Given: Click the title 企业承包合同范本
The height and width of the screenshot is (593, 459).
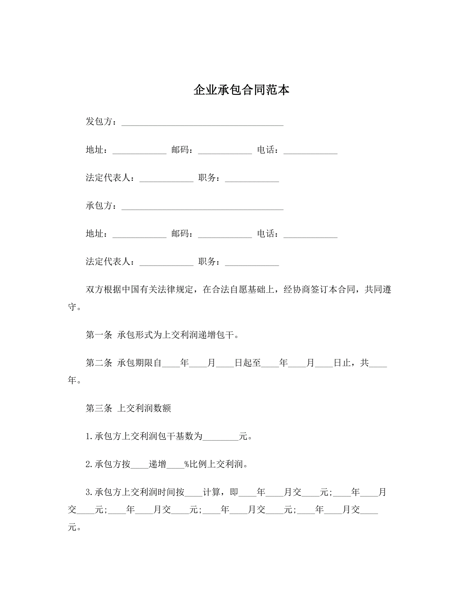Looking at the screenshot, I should (x=241, y=90).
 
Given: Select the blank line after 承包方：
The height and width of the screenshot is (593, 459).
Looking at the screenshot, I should (x=202, y=207).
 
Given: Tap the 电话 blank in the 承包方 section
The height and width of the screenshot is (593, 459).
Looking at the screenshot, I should (x=310, y=235).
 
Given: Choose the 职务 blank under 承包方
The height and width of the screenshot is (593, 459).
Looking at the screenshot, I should (x=252, y=263).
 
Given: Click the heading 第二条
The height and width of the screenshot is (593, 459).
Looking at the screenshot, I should (x=99, y=363).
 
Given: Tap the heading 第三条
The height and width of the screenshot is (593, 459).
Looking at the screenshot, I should (x=99, y=408).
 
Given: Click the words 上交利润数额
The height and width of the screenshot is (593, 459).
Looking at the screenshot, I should (x=144, y=408).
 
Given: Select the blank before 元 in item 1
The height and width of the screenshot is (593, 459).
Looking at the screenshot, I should (x=220, y=437).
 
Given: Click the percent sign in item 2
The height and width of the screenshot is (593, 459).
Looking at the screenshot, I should (x=186, y=464).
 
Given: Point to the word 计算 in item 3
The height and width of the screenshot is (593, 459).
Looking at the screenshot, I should (x=211, y=492).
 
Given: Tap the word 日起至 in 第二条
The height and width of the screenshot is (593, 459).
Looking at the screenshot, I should (x=247, y=363).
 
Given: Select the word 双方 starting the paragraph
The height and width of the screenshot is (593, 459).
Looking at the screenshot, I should (x=94, y=290).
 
